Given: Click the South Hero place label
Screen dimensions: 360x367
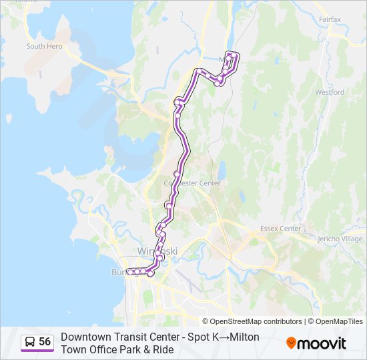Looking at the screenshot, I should (44, 46).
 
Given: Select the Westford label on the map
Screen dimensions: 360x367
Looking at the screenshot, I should (329, 92).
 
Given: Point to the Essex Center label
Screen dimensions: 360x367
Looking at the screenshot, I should (280, 229).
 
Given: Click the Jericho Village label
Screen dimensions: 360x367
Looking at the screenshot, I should (341, 239).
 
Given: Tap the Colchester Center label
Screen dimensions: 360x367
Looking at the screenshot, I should (192, 183).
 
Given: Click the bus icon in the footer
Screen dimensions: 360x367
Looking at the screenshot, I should (30, 342).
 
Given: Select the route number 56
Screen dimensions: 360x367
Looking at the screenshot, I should (45, 342).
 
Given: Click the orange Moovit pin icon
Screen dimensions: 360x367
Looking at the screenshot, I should (292, 343).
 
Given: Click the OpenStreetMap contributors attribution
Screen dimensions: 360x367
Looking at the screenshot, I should (247, 321).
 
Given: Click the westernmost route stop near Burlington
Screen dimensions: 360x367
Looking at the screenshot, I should (129, 271).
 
